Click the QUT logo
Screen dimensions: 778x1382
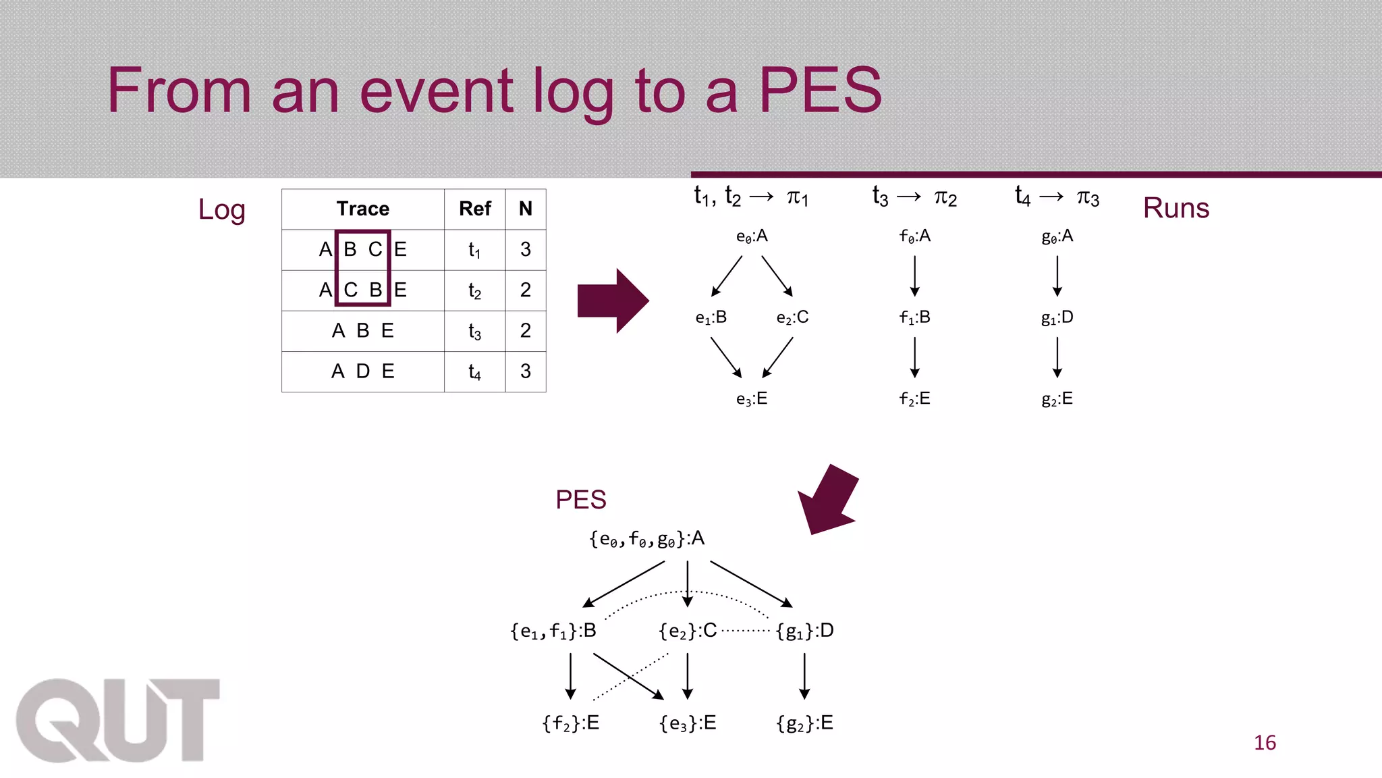click(117, 720)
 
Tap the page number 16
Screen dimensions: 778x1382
click(1265, 743)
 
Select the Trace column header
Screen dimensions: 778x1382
click(363, 209)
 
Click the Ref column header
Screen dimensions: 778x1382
click(474, 209)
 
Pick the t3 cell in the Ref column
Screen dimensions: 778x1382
click(474, 331)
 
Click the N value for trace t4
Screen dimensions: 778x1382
click(525, 371)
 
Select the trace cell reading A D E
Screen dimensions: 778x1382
click(363, 371)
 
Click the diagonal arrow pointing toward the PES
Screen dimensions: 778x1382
click(829, 500)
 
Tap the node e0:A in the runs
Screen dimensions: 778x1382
click(752, 236)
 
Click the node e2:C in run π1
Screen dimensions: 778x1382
click(792, 317)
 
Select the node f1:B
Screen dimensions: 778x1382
click(914, 317)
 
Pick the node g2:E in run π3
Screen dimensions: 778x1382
click(1057, 399)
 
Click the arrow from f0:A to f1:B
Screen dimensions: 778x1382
click(914, 276)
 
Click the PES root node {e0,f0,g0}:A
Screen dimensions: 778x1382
click(646, 539)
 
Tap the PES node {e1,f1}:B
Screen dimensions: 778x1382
click(553, 631)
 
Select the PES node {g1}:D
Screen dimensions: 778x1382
click(804, 631)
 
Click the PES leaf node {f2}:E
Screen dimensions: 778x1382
click(570, 723)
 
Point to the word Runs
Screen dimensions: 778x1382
click(1176, 208)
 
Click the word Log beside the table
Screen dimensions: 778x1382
click(221, 209)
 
